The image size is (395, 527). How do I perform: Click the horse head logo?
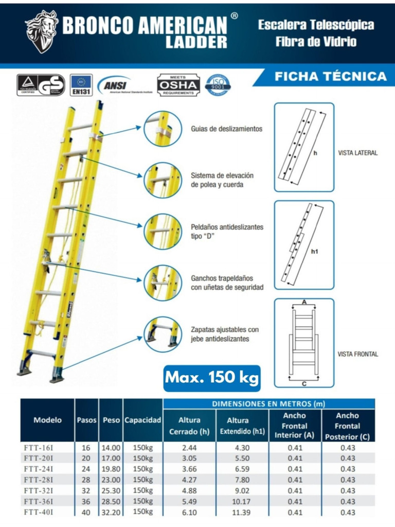(x=42, y=31)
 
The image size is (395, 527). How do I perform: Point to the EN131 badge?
(x=81, y=85)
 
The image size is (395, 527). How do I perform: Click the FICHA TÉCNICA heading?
(x=331, y=77)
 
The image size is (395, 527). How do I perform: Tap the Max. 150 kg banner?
(x=212, y=378)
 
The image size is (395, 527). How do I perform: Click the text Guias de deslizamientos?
(x=226, y=129)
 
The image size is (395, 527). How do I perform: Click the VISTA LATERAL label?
(x=357, y=153)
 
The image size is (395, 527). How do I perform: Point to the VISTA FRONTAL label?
(x=357, y=354)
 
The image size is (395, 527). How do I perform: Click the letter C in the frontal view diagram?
(x=304, y=383)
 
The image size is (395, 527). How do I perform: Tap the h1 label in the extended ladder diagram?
(x=315, y=252)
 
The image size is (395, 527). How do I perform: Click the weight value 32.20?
(x=111, y=512)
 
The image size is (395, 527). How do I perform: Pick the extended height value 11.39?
(x=237, y=513)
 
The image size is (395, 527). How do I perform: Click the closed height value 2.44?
(x=189, y=448)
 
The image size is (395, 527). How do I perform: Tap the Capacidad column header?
(x=143, y=420)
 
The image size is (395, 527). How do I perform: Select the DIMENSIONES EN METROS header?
(x=268, y=404)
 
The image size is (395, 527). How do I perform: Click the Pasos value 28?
(x=86, y=480)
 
